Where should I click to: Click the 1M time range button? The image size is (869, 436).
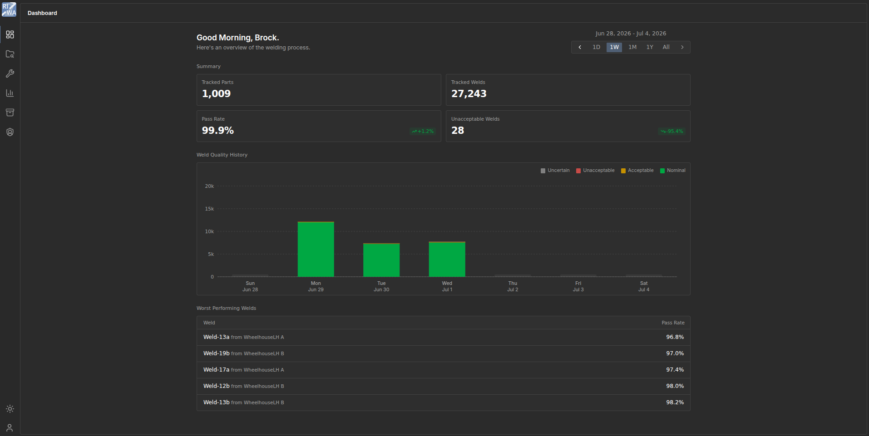[x=632, y=47]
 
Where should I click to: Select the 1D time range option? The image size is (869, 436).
[x=596, y=47]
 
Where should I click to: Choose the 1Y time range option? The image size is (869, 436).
[x=650, y=47]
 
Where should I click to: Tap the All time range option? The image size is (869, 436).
[x=666, y=47]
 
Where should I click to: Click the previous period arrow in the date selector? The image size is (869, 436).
[x=580, y=47]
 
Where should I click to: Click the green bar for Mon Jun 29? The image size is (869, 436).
[x=316, y=249]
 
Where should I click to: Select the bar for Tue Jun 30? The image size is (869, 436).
[x=381, y=260]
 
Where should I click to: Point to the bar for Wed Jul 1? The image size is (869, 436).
[x=447, y=259]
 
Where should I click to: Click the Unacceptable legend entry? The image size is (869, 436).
[x=595, y=171]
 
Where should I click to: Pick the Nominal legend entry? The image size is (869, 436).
[x=673, y=171]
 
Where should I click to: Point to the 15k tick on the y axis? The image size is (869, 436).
[x=209, y=209]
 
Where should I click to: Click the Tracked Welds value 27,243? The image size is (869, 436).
[x=469, y=94]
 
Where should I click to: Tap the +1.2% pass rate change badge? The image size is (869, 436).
[x=423, y=132]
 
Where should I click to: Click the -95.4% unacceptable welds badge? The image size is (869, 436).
[x=671, y=132]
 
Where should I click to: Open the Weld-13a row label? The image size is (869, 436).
[x=244, y=337]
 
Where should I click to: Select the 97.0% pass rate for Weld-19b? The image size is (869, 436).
[x=675, y=353]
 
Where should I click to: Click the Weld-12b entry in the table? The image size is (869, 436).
[x=244, y=386]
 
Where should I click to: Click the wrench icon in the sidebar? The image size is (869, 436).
[x=10, y=73]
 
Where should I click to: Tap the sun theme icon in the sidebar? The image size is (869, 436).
[x=10, y=409]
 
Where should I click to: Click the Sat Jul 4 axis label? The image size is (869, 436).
[x=644, y=286]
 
